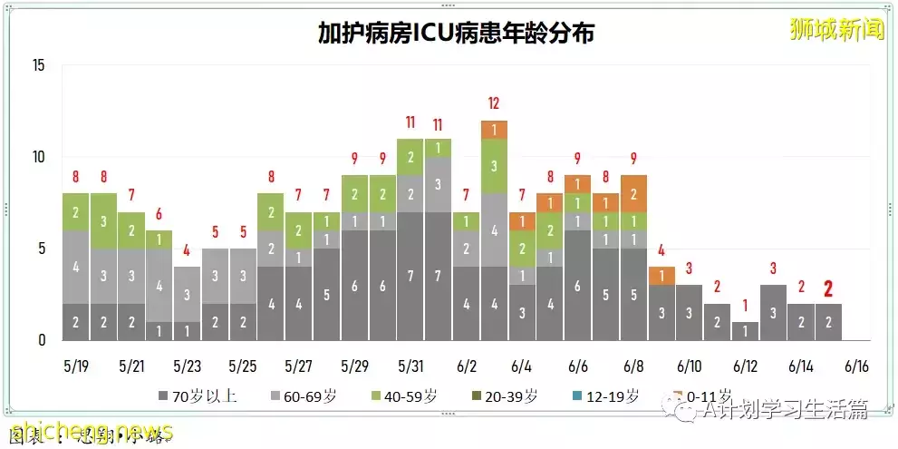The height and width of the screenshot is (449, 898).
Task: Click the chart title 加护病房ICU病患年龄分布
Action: click(456, 34)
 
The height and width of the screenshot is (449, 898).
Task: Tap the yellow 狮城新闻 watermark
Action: click(835, 29)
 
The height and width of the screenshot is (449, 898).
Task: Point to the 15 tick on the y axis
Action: click(37, 65)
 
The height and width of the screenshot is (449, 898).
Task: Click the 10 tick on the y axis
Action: click(37, 157)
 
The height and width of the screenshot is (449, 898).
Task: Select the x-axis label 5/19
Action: click(75, 367)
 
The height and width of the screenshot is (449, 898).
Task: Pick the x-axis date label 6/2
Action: click(467, 367)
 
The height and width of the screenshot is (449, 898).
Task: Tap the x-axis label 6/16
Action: click(855, 367)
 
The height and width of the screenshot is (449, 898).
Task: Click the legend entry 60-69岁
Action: click(304, 396)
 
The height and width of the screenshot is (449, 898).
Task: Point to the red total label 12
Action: click(494, 103)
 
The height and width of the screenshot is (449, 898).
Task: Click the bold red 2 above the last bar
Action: click(827, 288)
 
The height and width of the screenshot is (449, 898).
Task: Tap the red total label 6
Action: click(159, 214)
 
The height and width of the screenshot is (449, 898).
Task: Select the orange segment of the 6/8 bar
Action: click(634, 194)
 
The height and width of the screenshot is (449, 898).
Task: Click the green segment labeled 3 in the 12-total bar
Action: click(494, 166)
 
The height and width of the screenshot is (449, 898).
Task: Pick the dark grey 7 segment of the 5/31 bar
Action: click(410, 276)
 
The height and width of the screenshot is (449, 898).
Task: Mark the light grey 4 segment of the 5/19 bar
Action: click(76, 267)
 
